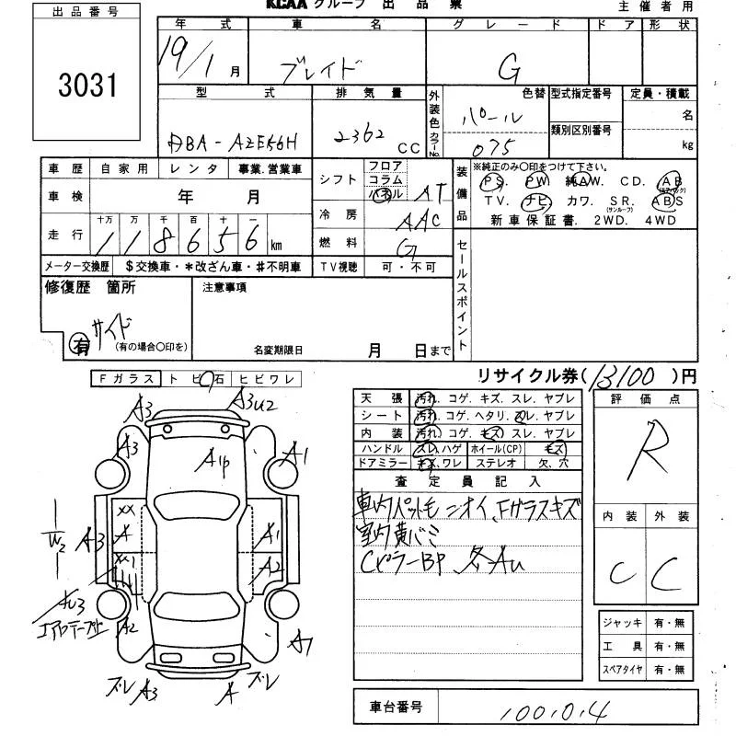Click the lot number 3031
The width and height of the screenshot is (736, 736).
(88, 86)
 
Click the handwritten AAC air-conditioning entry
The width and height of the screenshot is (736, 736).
(419, 219)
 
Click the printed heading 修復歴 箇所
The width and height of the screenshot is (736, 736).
(90, 288)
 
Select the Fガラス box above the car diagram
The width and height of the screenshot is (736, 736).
(125, 379)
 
